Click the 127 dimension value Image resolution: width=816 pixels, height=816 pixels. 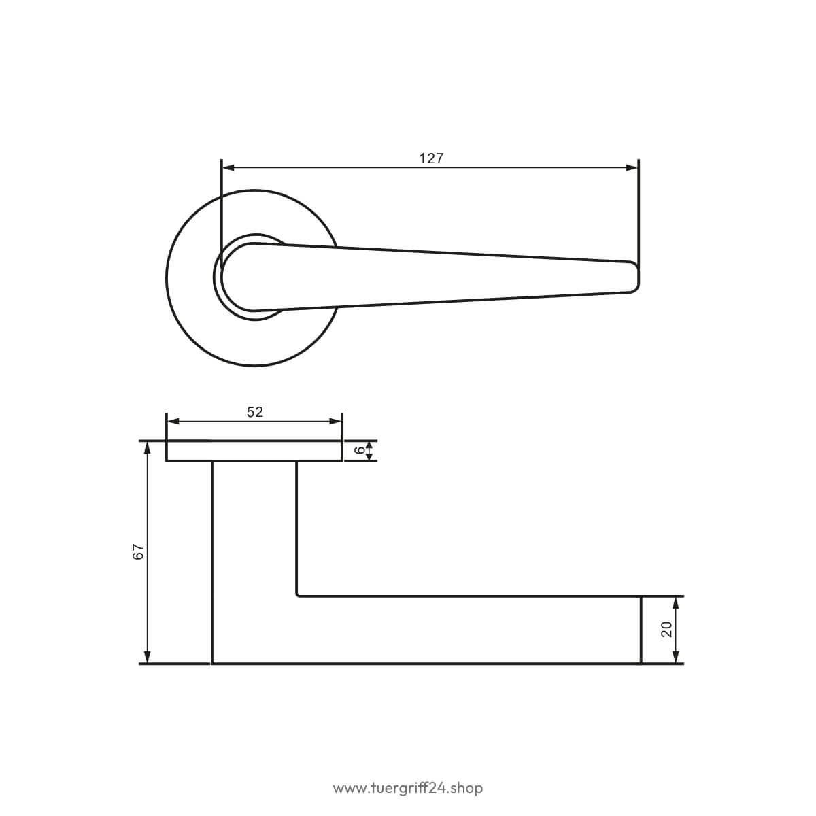pyautogui.click(x=431, y=158)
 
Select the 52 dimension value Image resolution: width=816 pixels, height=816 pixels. pyautogui.click(x=254, y=412)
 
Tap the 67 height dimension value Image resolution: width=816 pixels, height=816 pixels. pyautogui.click(x=138, y=551)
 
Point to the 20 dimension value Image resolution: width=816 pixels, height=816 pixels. pyautogui.click(x=666, y=629)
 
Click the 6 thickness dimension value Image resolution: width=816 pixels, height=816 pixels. pyautogui.click(x=359, y=451)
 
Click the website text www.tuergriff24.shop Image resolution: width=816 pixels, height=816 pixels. pyautogui.click(x=408, y=789)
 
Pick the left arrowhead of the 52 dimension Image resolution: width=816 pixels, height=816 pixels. pyautogui.click(x=172, y=422)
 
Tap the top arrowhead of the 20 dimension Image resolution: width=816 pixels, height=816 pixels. pyautogui.click(x=675, y=602)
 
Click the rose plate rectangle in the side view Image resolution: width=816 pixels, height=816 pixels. pyautogui.click(x=254, y=451)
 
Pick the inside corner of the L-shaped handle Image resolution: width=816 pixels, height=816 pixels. pyautogui.click(x=299, y=594)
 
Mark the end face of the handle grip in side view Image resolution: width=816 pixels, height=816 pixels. pyautogui.click(x=641, y=629)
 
